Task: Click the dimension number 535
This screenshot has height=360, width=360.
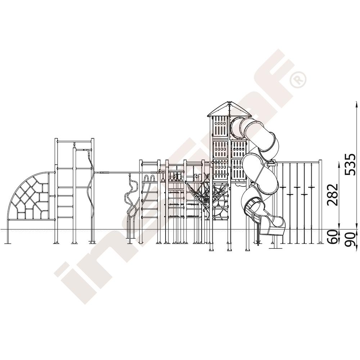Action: [351, 165]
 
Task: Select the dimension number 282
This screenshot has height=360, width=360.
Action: [333, 194]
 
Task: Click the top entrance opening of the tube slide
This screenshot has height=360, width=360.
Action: [237, 128]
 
